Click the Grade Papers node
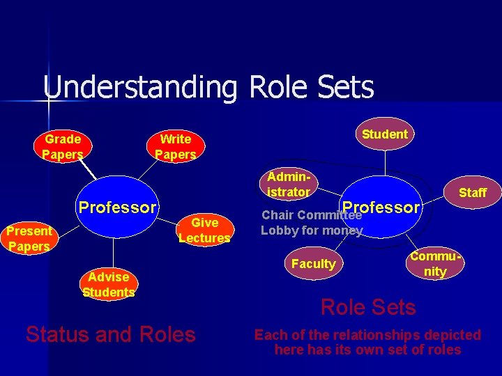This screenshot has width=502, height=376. click(x=62, y=146)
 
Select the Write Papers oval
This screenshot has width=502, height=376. click(x=175, y=147)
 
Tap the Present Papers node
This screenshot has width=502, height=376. click(x=29, y=238)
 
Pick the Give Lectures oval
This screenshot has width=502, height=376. click(x=204, y=230)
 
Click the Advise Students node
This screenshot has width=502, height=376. click(x=108, y=284)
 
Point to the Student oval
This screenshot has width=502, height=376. click(x=385, y=134)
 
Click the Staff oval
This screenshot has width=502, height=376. click(x=472, y=193)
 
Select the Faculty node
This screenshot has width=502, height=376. click(x=313, y=264)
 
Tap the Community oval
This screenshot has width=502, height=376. click(x=435, y=265)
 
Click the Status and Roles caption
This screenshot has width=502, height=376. click(x=110, y=334)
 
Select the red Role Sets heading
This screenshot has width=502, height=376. click(x=367, y=307)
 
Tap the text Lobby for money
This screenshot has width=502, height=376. click(x=312, y=230)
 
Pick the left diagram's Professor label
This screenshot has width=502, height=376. click(x=117, y=207)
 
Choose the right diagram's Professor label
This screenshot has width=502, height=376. click(x=381, y=207)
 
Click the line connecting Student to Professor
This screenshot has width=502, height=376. click(x=385, y=167)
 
